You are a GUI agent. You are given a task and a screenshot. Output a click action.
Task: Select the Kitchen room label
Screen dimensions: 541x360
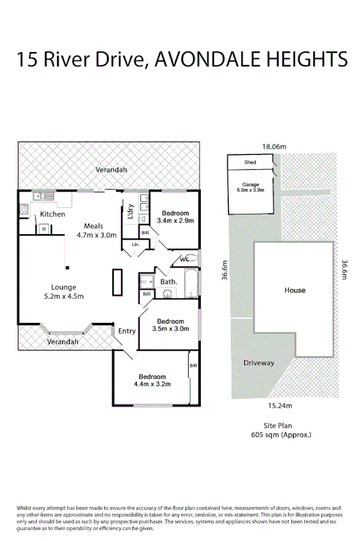(x=53, y=214)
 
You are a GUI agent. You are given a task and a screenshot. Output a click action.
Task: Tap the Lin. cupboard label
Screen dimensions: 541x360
(x=135, y=243)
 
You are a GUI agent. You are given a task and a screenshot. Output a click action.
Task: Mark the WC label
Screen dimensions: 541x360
(x=183, y=259)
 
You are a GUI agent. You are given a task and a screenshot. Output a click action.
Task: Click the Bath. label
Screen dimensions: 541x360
(x=168, y=281)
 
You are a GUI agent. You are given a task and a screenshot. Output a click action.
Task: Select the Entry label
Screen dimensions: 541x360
(x=127, y=331)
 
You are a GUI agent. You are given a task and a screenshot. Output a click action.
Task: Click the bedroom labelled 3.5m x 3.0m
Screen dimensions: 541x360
(x=170, y=325)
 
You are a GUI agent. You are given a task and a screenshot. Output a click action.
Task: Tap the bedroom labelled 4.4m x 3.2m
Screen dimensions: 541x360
(x=152, y=381)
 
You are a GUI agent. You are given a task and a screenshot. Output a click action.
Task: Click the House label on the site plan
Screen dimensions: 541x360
(x=294, y=290)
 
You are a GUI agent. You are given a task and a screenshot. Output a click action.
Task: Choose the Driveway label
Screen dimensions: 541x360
(x=258, y=363)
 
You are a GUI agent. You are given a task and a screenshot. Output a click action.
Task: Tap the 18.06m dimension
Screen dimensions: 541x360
(x=275, y=146)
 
